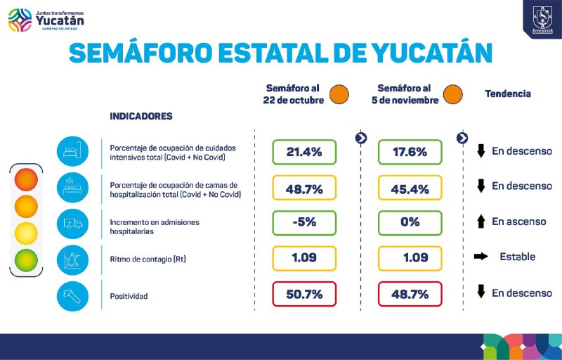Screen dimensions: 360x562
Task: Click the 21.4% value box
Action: (x=304, y=151)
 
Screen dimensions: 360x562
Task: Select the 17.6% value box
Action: (x=410, y=151)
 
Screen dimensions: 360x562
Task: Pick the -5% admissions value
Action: (x=304, y=222)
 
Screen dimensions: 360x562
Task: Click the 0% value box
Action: (x=410, y=222)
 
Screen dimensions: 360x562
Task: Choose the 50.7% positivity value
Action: (x=304, y=294)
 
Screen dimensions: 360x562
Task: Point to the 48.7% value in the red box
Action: (x=410, y=294)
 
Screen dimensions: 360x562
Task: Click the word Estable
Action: (x=517, y=257)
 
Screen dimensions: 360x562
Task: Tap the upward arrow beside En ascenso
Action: (x=481, y=222)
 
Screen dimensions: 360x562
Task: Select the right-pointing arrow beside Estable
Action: (x=481, y=257)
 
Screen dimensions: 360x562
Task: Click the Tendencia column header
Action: (x=508, y=94)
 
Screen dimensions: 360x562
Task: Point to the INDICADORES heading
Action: (x=141, y=116)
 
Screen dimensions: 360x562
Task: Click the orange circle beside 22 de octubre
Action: (x=339, y=94)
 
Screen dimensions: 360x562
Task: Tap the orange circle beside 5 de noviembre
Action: (x=452, y=94)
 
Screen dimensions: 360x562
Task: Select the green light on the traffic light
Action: (x=26, y=259)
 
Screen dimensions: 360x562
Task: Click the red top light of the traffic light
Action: (x=26, y=179)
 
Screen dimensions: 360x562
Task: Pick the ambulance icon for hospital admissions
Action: (x=72, y=222)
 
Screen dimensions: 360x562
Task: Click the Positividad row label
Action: (x=129, y=297)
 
